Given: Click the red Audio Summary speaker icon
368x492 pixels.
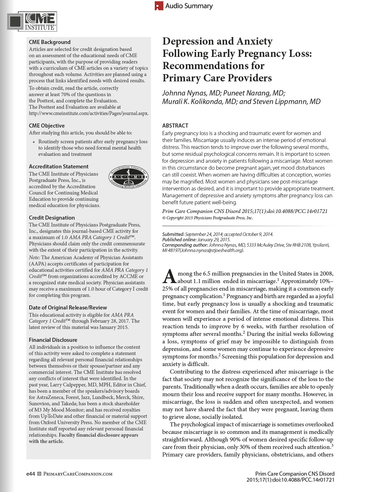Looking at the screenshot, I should (159, 6).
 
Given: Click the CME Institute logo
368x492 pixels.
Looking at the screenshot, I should (32, 21).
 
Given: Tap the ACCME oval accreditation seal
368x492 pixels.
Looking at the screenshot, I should (128, 177).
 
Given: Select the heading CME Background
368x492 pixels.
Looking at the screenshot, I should (50, 42).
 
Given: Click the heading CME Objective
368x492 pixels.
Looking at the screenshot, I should (47, 126).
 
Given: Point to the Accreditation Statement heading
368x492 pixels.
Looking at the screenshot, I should (59, 167).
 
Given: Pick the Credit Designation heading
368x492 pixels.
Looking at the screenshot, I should (52, 218).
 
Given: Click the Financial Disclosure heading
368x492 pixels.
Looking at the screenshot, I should (53, 340).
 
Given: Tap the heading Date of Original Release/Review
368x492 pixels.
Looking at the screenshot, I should (68, 308).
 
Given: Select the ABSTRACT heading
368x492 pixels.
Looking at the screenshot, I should (175, 126).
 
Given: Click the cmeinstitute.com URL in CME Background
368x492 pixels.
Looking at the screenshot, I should (88, 113).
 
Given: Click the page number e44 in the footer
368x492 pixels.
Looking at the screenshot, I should (31, 474).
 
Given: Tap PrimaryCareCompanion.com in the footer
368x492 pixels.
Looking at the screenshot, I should (77, 474).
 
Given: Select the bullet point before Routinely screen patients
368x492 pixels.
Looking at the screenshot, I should (34, 142).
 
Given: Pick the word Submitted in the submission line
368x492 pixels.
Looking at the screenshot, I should (173, 234).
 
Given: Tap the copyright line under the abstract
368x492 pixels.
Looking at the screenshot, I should (208, 218).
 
